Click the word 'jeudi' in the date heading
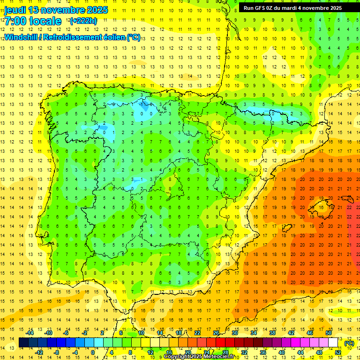click(15, 10)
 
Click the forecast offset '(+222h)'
click(83, 21)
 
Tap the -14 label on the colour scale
click(30, 333)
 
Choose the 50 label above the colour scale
click(329, 333)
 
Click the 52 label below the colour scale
click(338, 352)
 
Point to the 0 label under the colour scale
click(93, 352)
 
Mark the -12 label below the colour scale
click(39, 352)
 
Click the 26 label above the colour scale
click(216, 333)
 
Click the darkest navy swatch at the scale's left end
click(23, 343)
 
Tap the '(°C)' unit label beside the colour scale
click(349, 343)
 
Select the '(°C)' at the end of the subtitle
click(133, 37)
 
